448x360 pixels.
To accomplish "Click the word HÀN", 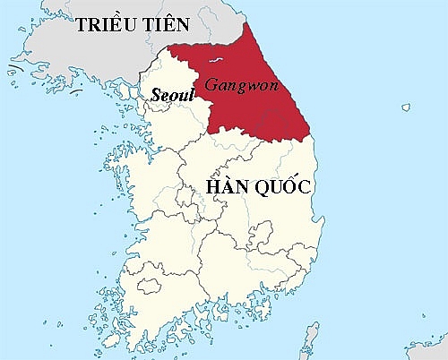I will coord(228,188).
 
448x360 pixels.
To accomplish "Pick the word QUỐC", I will coord(282,188).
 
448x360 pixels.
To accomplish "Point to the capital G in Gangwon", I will coord(211,85).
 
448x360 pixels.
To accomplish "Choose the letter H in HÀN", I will coord(215,188).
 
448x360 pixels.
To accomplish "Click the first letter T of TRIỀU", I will coord(81,24).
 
